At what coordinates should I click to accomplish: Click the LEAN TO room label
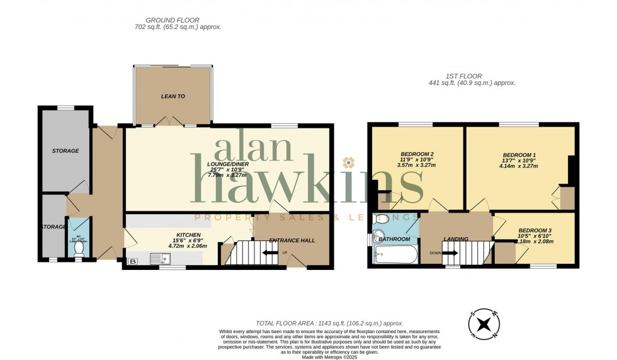(x=173, y=96)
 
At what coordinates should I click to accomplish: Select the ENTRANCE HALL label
(x=292, y=240)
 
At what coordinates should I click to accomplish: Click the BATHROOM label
(x=394, y=239)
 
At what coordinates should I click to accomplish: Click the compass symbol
(x=484, y=324)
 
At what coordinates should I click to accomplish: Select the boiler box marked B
(x=133, y=261)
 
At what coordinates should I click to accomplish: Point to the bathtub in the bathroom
(x=395, y=255)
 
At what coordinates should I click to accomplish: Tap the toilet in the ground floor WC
(x=79, y=249)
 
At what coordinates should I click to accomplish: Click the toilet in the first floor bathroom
(x=380, y=219)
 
